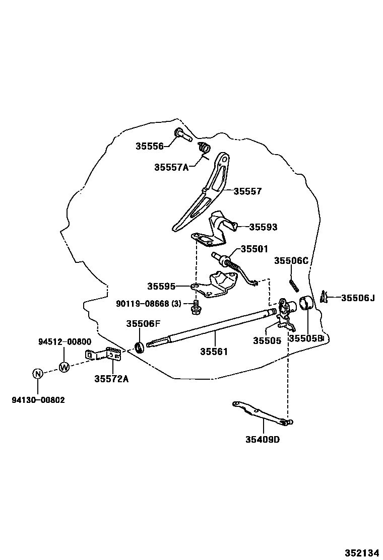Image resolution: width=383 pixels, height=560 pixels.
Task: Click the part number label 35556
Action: tap(150, 147)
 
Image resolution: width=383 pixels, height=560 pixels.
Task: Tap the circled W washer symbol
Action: tap(64, 367)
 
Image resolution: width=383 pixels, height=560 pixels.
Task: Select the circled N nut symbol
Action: tap(38, 374)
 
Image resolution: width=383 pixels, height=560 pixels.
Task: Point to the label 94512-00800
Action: tap(65, 341)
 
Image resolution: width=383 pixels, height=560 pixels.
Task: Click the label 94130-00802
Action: tap(38, 400)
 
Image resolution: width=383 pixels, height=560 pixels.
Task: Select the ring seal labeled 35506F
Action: tap(139, 347)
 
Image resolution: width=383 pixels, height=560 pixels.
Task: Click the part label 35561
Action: tap(214, 352)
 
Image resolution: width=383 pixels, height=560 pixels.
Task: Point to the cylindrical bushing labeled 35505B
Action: tap(307, 305)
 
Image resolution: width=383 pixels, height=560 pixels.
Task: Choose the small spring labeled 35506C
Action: tap(292, 285)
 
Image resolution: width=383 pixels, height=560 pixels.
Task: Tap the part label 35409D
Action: tap(263, 439)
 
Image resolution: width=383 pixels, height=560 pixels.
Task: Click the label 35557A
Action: tap(171, 167)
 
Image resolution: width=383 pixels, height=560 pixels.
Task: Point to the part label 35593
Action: tap(263, 227)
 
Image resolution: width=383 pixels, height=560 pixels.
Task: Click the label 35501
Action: tap(254, 249)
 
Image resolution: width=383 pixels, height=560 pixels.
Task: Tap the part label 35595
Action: tap(161, 287)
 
